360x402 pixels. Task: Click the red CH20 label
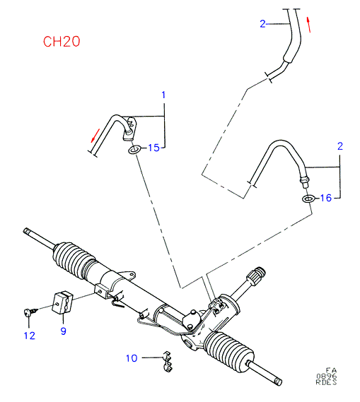coord(62,42)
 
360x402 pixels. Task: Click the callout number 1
coord(163,95)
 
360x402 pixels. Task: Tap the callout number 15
coord(154,148)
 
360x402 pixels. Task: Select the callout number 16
coord(326,198)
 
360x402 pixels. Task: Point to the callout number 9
coord(64,331)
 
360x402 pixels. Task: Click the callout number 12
coord(30,336)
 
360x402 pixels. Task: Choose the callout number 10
coord(132,358)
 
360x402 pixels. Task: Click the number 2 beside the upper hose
coord(262,24)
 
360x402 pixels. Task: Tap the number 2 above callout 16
coord(340,146)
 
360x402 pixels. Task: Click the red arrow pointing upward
coord(308,25)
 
